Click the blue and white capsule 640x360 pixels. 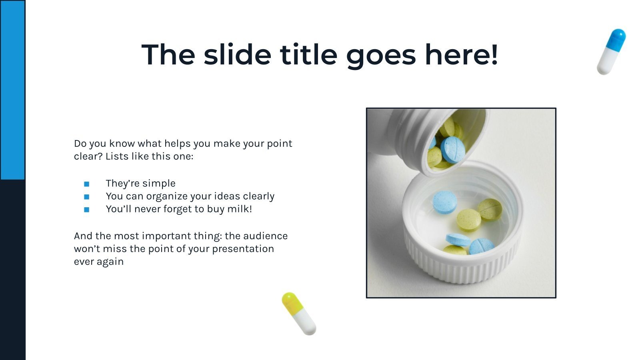click(x=611, y=52)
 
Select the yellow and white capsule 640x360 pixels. click(x=298, y=313)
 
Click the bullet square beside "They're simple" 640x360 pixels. click(x=86, y=184)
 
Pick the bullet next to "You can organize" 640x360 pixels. click(x=86, y=197)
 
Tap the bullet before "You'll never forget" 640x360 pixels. click(x=86, y=210)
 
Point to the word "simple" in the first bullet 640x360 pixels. click(x=159, y=184)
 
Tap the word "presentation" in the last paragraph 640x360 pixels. click(x=243, y=249)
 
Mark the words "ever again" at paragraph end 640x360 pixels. click(x=99, y=262)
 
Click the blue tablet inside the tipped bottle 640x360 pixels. click(x=453, y=149)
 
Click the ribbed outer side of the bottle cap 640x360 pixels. click(x=460, y=268)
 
